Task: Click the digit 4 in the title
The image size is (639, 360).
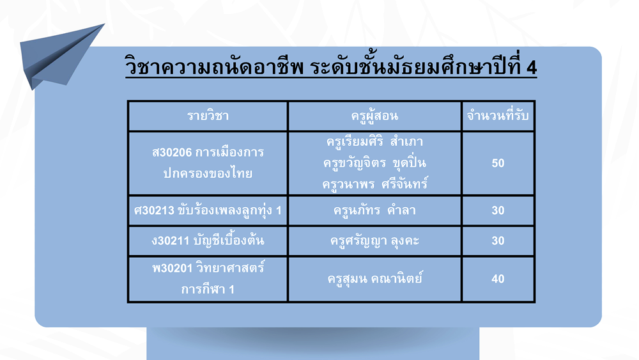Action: click(532, 68)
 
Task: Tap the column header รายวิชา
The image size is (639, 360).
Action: click(208, 116)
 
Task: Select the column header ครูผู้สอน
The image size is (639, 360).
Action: click(374, 116)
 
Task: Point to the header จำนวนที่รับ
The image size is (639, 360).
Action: click(498, 115)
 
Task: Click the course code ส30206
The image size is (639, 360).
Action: click(171, 152)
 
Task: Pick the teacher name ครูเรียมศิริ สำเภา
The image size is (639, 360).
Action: click(374, 141)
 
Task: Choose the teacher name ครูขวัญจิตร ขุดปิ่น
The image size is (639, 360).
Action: click(374, 162)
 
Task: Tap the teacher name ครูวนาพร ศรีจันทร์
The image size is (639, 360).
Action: click(374, 184)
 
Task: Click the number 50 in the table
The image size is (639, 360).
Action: click(498, 163)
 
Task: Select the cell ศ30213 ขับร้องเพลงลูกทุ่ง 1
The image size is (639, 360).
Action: click(208, 210)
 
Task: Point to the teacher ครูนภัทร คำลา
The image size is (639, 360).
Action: click(374, 210)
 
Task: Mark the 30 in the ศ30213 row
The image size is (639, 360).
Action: click(498, 210)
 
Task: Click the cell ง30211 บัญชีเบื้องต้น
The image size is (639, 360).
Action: click(208, 240)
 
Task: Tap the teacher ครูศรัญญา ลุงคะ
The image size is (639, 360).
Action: click(374, 241)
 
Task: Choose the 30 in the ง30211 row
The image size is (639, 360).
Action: click(498, 240)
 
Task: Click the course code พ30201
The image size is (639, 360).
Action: click(172, 269)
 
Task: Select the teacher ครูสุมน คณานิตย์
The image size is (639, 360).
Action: click(374, 278)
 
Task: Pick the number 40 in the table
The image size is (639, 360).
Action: click(498, 279)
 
